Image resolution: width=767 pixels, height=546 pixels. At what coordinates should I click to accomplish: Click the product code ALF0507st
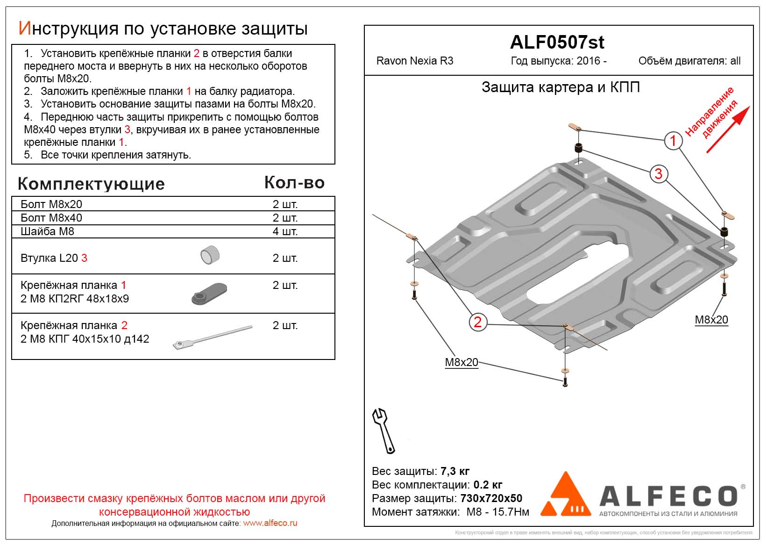tap(557, 43)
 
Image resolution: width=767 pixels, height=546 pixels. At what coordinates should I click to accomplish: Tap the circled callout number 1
tap(673, 140)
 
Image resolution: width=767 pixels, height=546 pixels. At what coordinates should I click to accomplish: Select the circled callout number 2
tap(477, 322)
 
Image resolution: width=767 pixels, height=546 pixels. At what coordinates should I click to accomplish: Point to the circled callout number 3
tap(658, 174)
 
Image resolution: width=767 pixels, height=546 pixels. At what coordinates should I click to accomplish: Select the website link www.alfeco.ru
tap(270, 523)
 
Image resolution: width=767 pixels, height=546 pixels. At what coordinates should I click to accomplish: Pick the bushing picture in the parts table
tap(210, 255)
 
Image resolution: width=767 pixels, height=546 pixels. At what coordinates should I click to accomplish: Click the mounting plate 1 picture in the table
tap(209, 293)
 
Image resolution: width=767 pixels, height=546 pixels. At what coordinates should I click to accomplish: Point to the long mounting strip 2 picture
tap(213, 337)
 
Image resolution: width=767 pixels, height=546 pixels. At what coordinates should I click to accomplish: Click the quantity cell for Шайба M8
tap(285, 231)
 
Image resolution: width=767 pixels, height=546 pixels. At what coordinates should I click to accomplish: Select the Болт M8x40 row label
tap(51, 218)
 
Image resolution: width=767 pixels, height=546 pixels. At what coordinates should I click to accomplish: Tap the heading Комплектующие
tap(91, 184)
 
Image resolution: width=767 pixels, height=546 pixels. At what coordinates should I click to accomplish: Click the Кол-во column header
tap(294, 182)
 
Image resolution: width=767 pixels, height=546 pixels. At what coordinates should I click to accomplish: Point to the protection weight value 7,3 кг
tap(455, 471)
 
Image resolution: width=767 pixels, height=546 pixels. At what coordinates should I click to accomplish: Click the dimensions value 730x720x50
tap(491, 498)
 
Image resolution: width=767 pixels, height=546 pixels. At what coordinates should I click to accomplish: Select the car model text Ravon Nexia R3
tap(415, 61)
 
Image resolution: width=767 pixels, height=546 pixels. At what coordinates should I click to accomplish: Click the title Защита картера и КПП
tap(561, 87)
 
